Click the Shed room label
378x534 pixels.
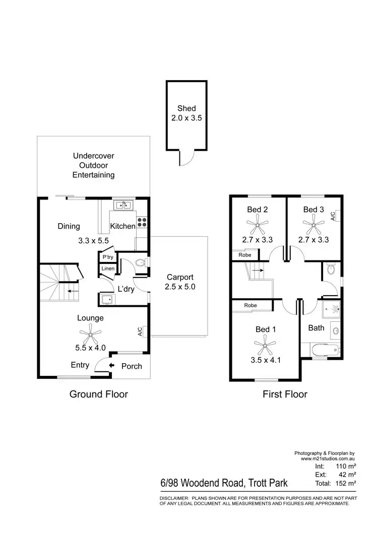pyautogui.click(x=186, y=108)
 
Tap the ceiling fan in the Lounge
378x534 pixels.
pyautogui.click(x=90, y=333)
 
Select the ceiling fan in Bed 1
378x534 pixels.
pyautogui.click(x=265, y=345)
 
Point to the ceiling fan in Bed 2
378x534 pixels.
pyautogui.click(x=258, y=224)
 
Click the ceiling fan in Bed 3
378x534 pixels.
pyautogui.click(x=313, y=224)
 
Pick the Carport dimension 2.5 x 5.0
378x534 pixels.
pyautogui.click(x=180, y=287)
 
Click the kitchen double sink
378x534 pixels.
pyautogui.click(x=123, y=205)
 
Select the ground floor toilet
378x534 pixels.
pyautogui.click(x=142, y=262)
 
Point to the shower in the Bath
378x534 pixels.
pyautogui.click(x=331, y=309)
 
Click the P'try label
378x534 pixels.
pyautogui.click(x=108, y=257)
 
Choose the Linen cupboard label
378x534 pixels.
pyautogui.click(x=108, y=269)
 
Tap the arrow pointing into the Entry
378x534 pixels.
pyautogui.click(x=111, y=365)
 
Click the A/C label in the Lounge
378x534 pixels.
pyautogui.click(x=140, y=331)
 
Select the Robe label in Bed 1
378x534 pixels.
pyautogui.click(x=250, y=305)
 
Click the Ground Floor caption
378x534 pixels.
pyautogui.click(x=98, y=394)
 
